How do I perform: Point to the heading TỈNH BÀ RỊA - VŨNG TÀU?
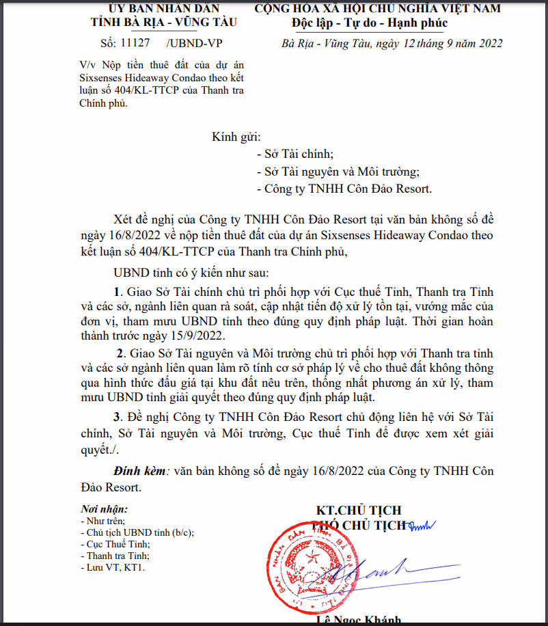pyautogui.click(x=163, y=22)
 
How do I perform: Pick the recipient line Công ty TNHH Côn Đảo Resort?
pyautogui.click(x=344, y=189)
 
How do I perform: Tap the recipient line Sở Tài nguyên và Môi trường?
pyautogui.click(x=338, y=172)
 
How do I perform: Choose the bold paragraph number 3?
pyautogui.click(x=117, y=417)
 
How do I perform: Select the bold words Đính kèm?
pyautogui.click(x=139, y=471)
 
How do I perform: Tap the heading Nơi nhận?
pyautogui.click(x=104, y=509)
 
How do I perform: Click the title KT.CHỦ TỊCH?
pyautogui.click(x=358, y=511)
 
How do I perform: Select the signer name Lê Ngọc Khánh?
pyautogui.click(x=358, y=621)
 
